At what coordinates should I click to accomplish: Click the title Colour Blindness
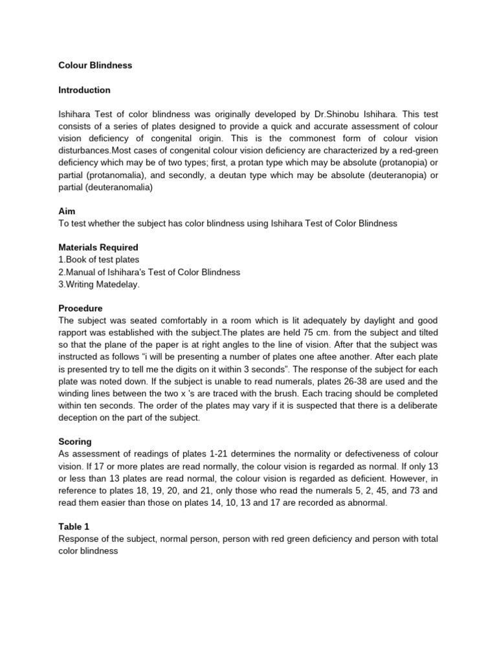[95, 65]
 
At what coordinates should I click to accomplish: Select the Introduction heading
[84, 90]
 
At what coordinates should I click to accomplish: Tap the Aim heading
[67, 212]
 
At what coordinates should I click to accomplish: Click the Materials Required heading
[98, 248]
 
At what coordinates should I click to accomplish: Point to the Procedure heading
[80, 308]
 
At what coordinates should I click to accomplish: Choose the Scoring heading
[75, 442]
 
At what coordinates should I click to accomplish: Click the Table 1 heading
[74, 526]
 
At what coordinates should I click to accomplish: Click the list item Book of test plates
[101, 260]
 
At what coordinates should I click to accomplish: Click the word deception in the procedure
[80, 418]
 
